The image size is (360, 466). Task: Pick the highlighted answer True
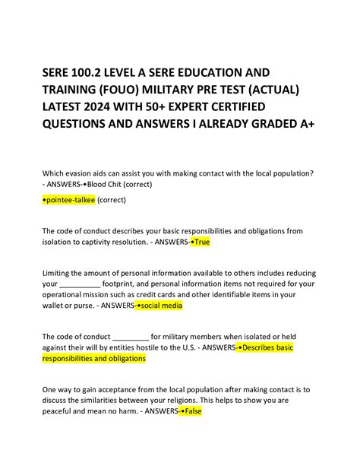pyautogui.click(x=199, y=242)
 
